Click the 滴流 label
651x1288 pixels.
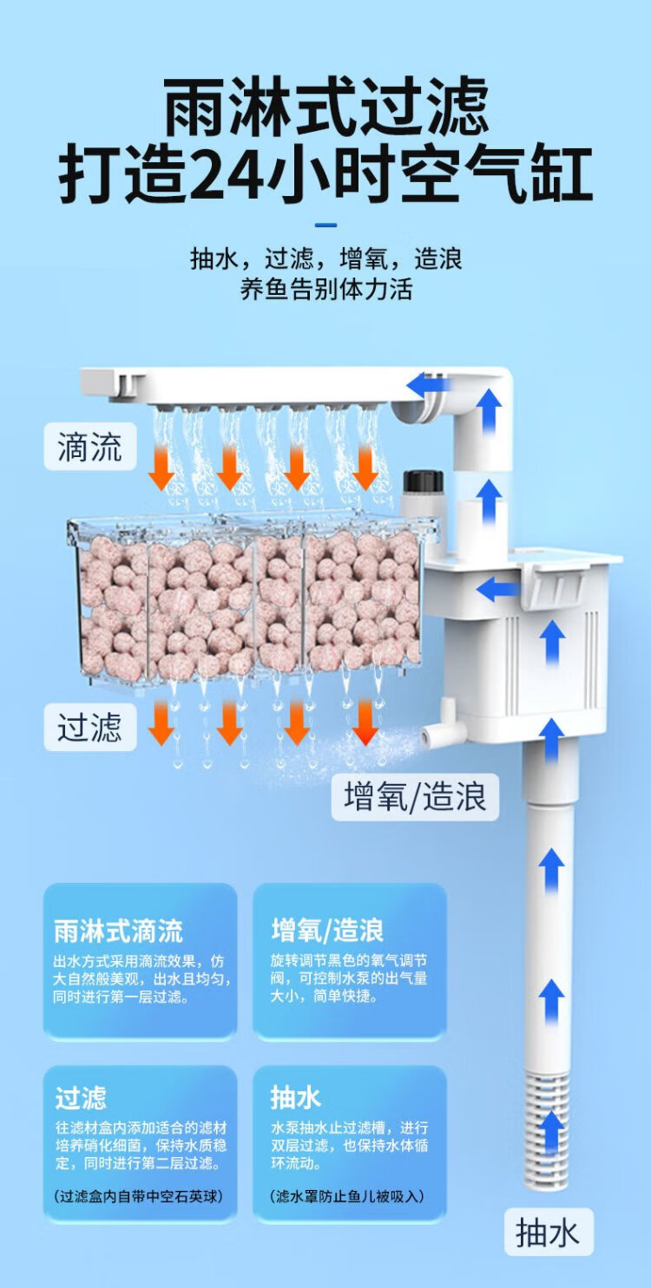pyautogui.click(x=90, y=448)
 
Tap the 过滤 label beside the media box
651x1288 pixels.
pyautogui.click(x=90, y=727)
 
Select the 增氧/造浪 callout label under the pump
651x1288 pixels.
pyautogui.click(x=415, y=797)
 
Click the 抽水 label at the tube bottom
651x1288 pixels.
pyautogui.click(x=548, y=1232)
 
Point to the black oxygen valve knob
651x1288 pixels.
pyautogui.click(x=424, y=481)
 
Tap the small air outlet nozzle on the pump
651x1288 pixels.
pyautogui.click(x=432, y=736)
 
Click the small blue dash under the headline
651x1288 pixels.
pyautogui.click(x=325, y=226)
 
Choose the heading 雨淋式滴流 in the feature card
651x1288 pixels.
pyautogui.click(x=118, y=932)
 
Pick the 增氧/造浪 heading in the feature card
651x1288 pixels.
pyautogui.click(x=327, y=932)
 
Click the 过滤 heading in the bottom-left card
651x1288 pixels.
pyautogui.click(x=81, y=1097)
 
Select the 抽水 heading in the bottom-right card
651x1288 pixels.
pyautogui.click(x=296, y=1097)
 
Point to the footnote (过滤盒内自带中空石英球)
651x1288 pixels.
pyautogui.click(x=138, y=1196)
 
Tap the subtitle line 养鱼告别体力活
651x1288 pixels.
pyautogui.click(x=325, y=289)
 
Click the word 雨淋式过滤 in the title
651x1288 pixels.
pyautogui.click(x=325, y=108)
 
